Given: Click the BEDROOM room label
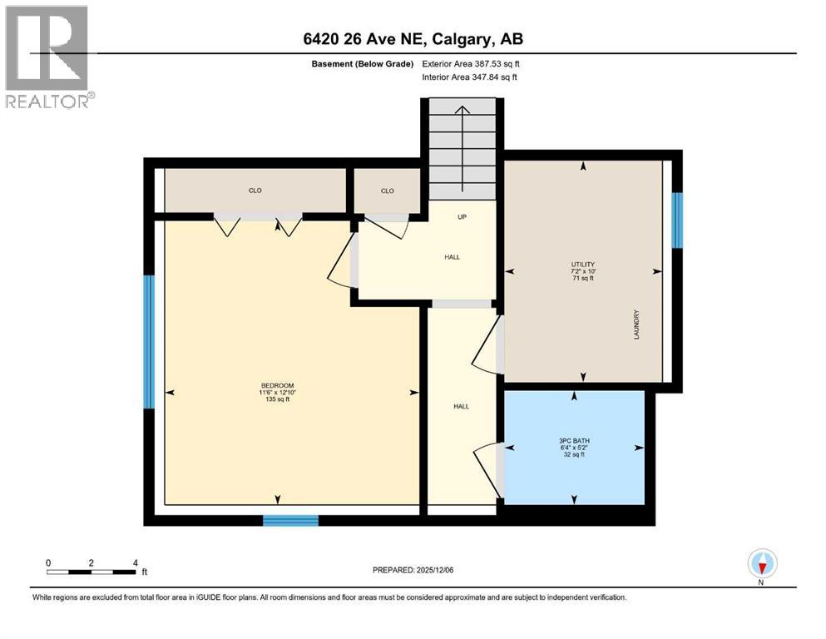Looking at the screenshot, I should point(277,385).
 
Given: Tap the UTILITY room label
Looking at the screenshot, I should point(583,264).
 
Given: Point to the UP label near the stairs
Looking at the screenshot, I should point(462,216).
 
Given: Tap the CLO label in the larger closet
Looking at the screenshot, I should point(255,191).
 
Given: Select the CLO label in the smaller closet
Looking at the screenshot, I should point(387,191).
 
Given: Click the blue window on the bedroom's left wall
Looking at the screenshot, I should point(149,342).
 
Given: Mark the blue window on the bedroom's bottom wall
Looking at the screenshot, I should point(290,521).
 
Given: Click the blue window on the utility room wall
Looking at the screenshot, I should point(677,220).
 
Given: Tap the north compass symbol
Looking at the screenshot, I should point(762,564).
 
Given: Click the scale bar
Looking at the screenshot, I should point(92,572).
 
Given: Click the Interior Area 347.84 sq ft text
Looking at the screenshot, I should point(470,77).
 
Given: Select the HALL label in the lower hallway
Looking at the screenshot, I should point(461,406).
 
